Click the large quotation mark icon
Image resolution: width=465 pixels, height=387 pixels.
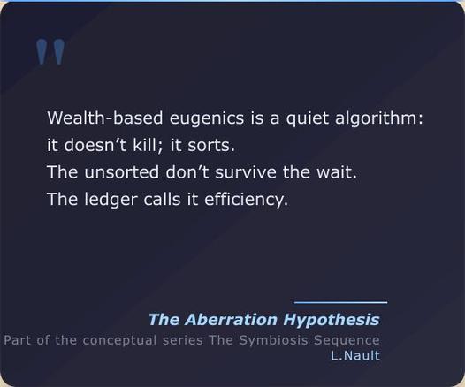tap(50, 52)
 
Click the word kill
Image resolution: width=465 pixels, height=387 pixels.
tap(146, 145)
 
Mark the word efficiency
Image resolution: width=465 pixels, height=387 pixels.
tap(246, 200)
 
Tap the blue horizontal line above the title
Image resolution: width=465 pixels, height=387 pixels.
tap(340, 303)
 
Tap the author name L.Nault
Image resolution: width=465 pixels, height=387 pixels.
tap(355, 356)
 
